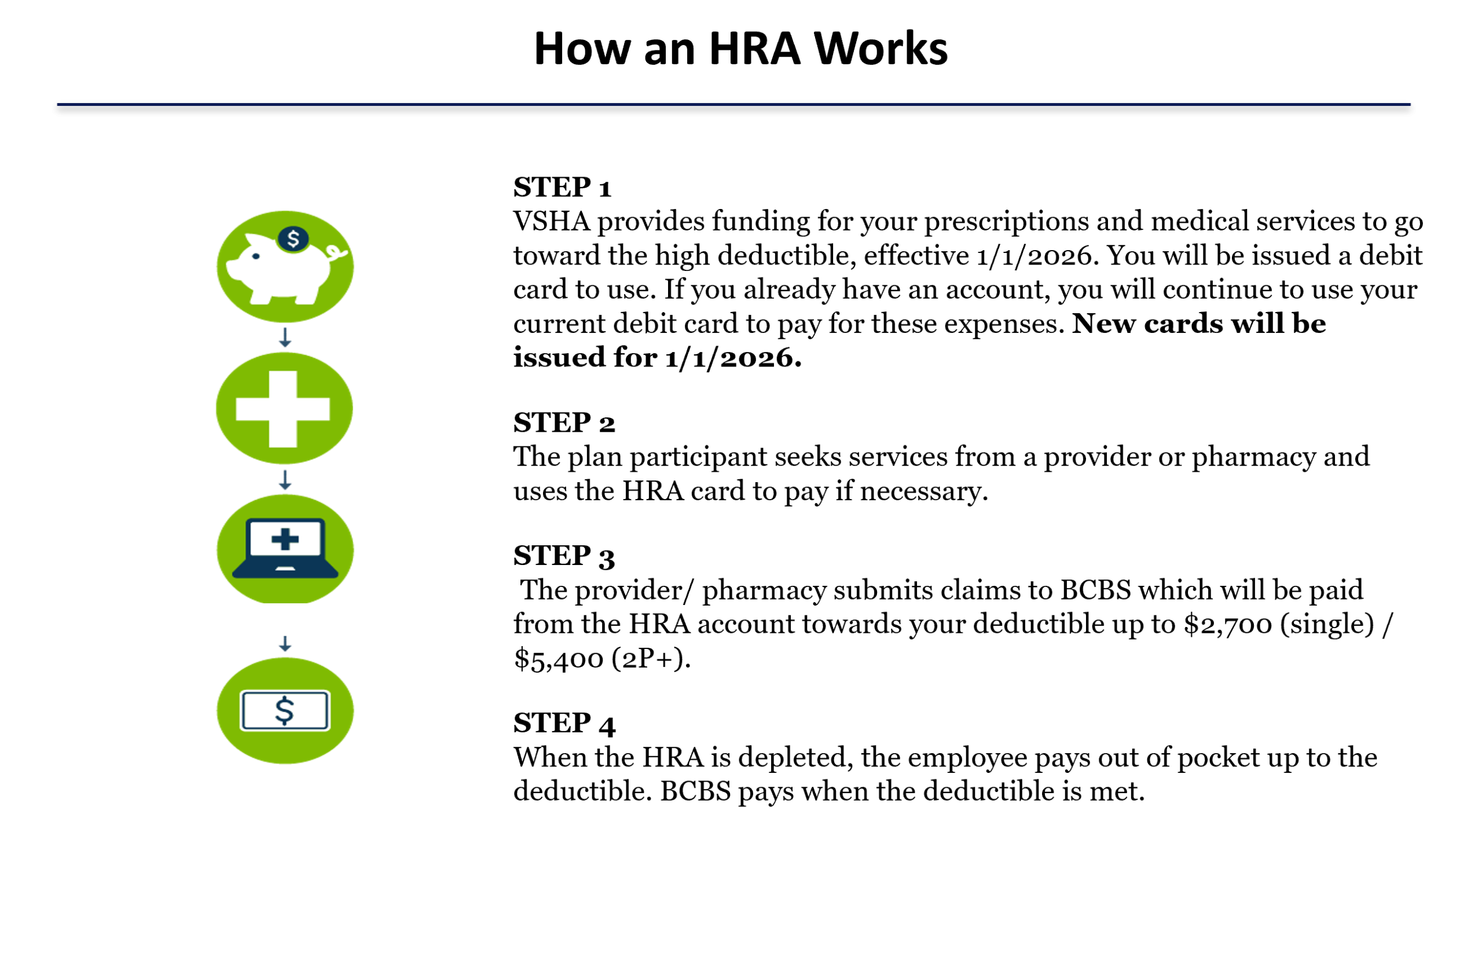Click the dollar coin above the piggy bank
[x=293, y=239]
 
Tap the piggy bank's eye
[x=256, y=256]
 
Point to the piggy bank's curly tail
[x=338, y=252]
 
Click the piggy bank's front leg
[x=261, y=295]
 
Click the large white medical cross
[x=283, y=409]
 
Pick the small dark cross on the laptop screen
[x=285, y=540]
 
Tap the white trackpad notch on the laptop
[x=285, y=568]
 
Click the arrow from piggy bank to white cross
[x=285, y=338]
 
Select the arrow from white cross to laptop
[x=285, y=480]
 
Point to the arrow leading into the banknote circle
[x=285, y=643]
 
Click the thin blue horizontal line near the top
[x=733, y=105]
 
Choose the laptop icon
[x=285, y=548]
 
